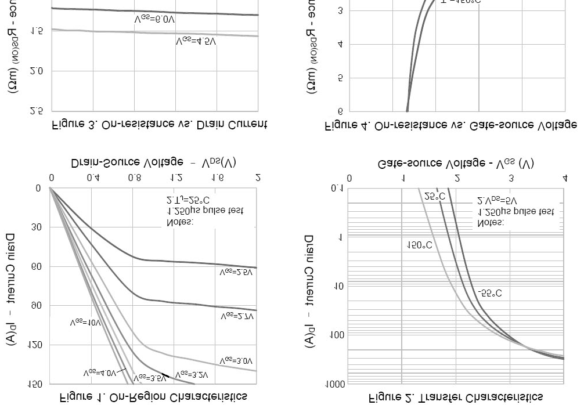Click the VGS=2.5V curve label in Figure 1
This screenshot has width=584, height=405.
pyautogui.click(x=236, y=272)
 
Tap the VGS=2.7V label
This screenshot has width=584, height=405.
pyautogui.click(x=237, y=317)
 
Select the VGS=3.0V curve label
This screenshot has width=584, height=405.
pyautogui.click(x=236, y=361)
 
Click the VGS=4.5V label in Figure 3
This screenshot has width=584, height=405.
pyautogui.click(x=196, y=41)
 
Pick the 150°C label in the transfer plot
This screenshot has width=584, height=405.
pyautogui.click(x=419, y=245)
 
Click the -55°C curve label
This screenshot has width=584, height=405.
pyautogui.click(x=489, y=294)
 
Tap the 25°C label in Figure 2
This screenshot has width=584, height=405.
pyautogui.click(x=434, y=196)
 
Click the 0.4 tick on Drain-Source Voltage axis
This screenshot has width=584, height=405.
pyautogui.click(x=92, y=178)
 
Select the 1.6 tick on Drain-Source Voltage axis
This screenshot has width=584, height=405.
pyautogui.click(x=217, y=178)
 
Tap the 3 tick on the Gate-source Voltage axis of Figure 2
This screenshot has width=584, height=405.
pyautogui.click(x=511, y=178)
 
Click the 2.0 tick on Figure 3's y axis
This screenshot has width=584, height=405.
pyautogui.click(x=36, y=71)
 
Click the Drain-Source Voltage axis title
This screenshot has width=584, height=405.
pyautogui.click(x=154, y=162)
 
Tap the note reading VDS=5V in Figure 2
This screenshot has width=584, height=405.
pyautogui.click(x=497, y=201)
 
